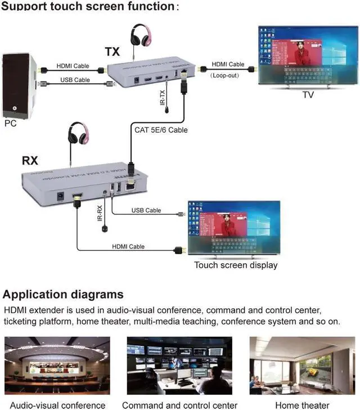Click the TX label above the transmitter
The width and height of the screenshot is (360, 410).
pos(112,52)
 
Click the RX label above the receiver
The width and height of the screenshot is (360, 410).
pos(30,160)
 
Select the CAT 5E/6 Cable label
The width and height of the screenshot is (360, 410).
pos(161,130)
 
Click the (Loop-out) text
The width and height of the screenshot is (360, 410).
pos(226,74)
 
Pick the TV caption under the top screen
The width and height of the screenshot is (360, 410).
pos(308,95)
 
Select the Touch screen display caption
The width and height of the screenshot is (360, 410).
pos(236,265)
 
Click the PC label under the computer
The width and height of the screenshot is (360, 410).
pos(11,123)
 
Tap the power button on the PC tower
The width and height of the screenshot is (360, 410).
pos(15,106)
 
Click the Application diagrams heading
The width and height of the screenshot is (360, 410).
pos(63,294)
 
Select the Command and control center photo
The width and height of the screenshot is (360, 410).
pos(179,366)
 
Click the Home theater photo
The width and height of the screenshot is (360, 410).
pos(301,366)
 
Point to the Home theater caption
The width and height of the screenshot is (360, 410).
pos(302,405)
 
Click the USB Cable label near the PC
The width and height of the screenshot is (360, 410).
pos(75,80)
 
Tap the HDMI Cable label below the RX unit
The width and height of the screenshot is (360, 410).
pos(128,246)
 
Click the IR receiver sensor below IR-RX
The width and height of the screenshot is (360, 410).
pos(104,229)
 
